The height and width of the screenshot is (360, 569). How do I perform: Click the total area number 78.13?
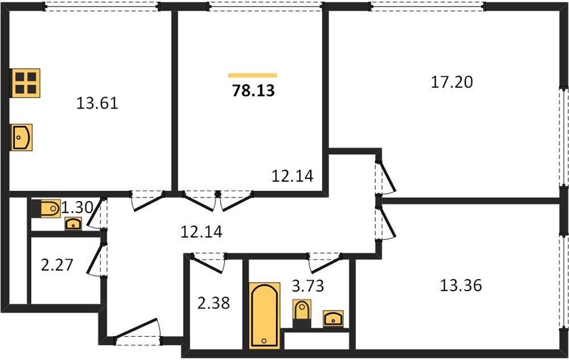click(253, 91)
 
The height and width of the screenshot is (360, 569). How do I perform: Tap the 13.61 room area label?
click(97, 104)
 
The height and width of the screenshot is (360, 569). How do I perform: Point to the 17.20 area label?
click(452, 82)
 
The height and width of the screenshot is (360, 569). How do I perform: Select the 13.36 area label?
click(461, 285)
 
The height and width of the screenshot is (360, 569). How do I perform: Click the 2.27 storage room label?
click(57, 265)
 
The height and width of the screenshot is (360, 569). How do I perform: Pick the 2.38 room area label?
click(213, 302)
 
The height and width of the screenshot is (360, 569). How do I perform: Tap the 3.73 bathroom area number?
click(308, 286)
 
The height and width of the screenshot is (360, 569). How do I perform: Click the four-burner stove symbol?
click(25, 83)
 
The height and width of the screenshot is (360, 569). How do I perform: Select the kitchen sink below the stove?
click(21, 137)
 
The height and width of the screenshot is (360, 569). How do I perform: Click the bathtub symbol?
click(264, 315)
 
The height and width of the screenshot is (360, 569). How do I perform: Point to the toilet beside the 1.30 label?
click(46, 209)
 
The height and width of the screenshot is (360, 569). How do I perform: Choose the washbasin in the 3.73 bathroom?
click(333, 319)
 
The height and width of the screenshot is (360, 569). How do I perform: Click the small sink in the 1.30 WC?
click(73, 224)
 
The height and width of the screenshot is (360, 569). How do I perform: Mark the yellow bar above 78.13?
click(252, 76)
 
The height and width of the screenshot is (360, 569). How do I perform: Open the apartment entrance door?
click(137, 331)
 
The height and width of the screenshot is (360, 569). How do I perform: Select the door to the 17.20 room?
click(385, 177)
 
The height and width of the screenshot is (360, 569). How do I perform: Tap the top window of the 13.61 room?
click(102, 6)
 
